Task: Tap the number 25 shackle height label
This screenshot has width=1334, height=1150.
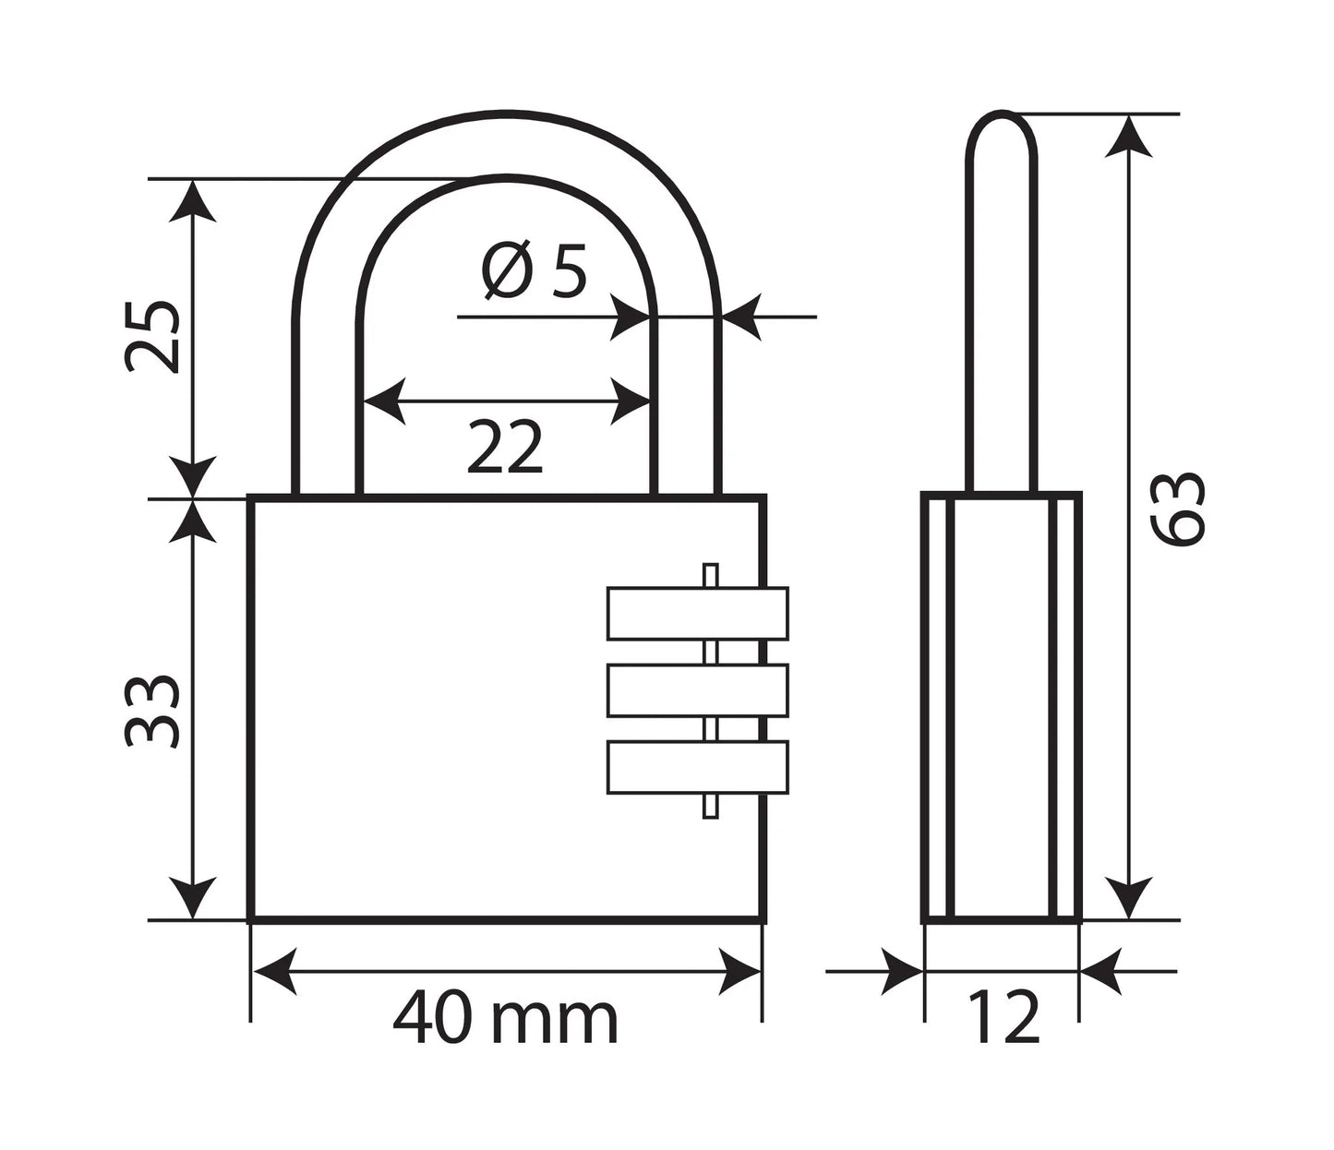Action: pos(151,336)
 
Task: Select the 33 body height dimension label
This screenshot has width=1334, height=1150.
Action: pos(151,712)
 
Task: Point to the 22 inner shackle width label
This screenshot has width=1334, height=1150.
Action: pos(504,447)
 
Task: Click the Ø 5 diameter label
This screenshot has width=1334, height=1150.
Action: pos(535,271)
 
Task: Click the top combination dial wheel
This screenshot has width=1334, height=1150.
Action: pos(698,613)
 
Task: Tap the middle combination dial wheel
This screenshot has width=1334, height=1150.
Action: pos(698,690)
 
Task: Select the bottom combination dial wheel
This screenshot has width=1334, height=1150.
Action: pos(698,767)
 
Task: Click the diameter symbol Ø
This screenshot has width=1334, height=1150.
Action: pos(507,271)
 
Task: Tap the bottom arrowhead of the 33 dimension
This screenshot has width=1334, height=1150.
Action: pos(192,898)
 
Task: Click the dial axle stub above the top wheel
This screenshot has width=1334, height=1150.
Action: pos(710,576)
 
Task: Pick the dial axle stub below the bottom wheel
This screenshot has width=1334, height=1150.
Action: pos(710,806)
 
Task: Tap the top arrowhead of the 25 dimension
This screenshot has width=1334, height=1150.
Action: pos(192,200)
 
